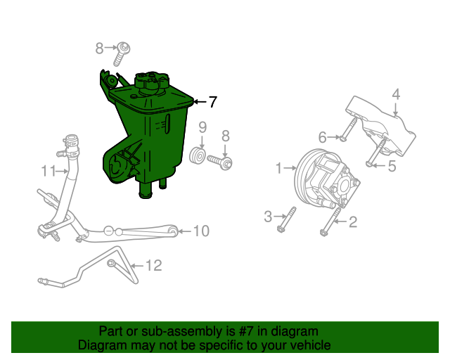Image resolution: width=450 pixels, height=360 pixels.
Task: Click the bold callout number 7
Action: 212,102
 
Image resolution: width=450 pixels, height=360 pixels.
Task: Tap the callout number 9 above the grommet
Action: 202,127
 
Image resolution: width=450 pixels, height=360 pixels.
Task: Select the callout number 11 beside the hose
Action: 49,171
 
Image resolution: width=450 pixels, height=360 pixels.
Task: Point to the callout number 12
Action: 154,266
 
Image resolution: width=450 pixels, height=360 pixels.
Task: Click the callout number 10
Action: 202,231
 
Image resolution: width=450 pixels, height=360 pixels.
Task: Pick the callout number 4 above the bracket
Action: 396,94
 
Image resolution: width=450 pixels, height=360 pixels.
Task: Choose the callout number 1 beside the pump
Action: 279,168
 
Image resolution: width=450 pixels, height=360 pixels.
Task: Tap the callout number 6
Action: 322,138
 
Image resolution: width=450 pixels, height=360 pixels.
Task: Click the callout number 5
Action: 392,166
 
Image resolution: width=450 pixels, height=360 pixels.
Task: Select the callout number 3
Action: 268,217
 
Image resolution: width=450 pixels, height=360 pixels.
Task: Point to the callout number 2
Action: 353,222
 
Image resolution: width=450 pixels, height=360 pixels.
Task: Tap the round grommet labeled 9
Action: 198,156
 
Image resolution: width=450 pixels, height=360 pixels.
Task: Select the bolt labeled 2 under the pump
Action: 330,222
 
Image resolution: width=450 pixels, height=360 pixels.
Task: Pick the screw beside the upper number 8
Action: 122,54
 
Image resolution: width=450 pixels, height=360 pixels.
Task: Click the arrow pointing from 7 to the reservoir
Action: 200,102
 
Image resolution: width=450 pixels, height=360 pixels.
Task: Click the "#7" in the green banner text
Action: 246,332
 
